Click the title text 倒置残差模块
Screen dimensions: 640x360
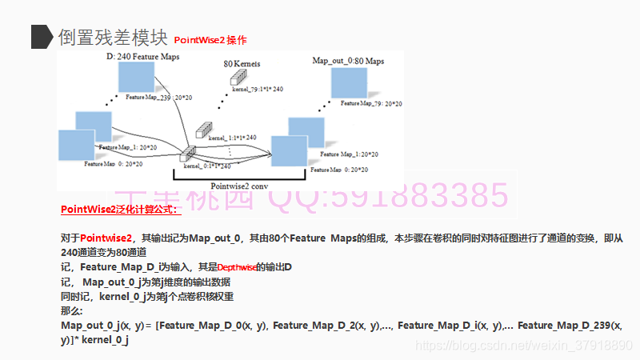112,37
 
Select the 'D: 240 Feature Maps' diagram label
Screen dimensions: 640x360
142,57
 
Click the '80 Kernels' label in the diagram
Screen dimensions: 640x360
242,63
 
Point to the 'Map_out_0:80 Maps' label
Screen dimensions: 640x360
348,61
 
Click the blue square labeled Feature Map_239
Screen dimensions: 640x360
135,77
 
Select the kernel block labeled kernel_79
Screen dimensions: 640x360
238,78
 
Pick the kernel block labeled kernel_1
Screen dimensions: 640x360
204,130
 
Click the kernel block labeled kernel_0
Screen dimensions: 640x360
188,154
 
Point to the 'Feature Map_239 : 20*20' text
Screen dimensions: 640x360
158,97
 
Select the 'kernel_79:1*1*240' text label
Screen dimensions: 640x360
258,90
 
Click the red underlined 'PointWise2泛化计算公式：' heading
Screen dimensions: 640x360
121,210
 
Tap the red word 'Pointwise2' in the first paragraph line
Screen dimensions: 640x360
106,238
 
